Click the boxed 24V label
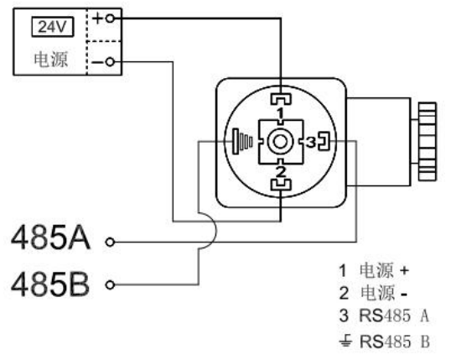tap(52, 27)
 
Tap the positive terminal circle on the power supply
tap(110, 18)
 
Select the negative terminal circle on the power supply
tap(110, 62)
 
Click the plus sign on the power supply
tap(97, 18)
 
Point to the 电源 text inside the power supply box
tap(51, 60)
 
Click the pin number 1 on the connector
tap(281, 112)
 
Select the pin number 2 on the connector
tap(281, 172)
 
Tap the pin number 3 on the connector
tap(311, 142)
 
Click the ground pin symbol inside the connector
tap(242, 142)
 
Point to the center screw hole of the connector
tap(280, 142)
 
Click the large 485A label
tap(50, 237)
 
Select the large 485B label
tap(49, 284)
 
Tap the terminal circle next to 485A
tap(110, 243)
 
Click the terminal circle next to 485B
tap(110, 285)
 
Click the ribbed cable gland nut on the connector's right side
tap(428, 142)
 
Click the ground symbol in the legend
tap(345, 341)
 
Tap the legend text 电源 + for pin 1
tap(384, 270)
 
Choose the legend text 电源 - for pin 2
tap(384, 293)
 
